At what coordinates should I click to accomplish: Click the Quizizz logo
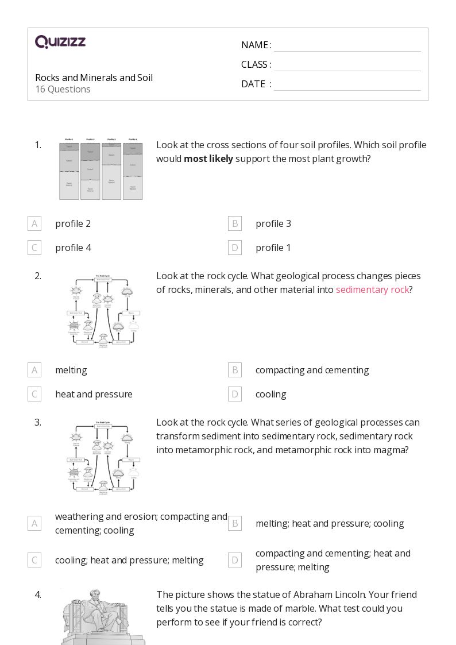[60, 42]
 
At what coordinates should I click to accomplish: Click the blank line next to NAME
[347, 46]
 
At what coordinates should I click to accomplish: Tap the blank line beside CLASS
[347, 65]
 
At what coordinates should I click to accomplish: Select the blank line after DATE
[347, 85]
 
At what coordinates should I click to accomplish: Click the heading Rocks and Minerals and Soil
[94, 78]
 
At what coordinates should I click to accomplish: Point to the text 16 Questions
[63, 89]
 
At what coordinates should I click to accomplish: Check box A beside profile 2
[34, 223]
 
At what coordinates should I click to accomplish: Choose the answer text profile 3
[273, 223]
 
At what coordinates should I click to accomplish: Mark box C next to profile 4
[34, 248]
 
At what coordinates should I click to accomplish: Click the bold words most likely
[208, 159]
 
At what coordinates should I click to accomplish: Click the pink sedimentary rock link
[372, 289]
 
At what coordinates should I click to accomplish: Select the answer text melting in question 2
[71, 370]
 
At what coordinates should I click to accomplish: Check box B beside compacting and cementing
[235, 370]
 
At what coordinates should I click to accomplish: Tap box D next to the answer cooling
[235, 394]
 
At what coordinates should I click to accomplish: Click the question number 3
[38, 422]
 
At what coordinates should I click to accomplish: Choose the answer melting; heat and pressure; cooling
[330, 523]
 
